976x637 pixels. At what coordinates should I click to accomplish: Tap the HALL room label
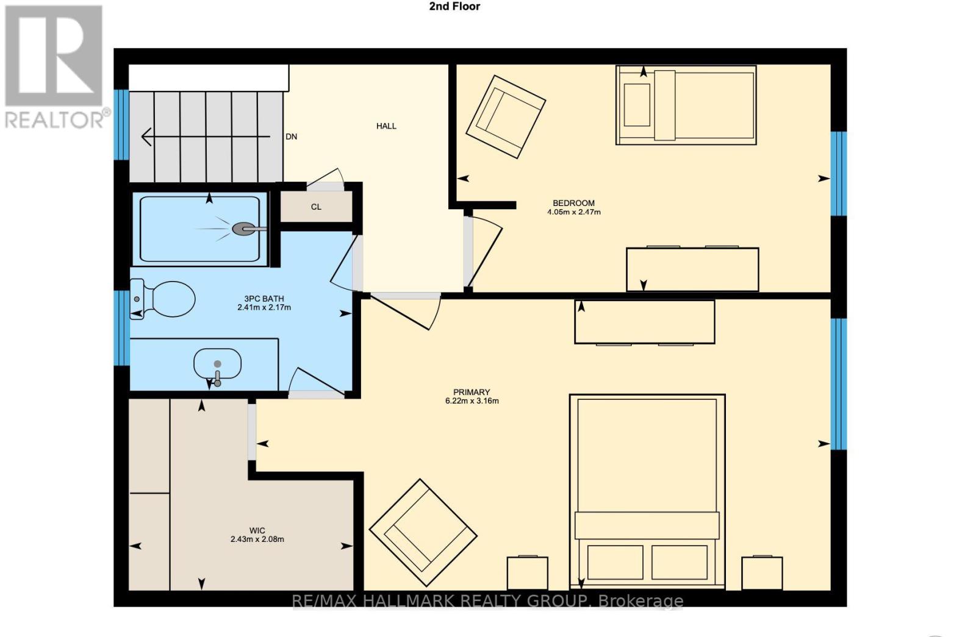(x=386, y=126)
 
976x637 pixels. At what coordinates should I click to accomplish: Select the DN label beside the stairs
(x=292, y=137)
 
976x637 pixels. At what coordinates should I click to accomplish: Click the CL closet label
(x=316, y=207)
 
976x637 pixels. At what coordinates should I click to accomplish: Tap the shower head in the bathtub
(x=243, y=229)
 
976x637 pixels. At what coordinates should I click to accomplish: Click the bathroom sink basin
(x=217, y=364)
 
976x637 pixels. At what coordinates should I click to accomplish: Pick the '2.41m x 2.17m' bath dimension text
(x=264, y=308)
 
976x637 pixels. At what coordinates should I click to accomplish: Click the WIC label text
(x=257, y=531)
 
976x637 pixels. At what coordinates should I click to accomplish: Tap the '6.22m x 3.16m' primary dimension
(x=472, y=401)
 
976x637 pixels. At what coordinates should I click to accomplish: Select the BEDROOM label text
(x=573, y=204)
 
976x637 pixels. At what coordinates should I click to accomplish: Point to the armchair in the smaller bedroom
(x=505, y=116)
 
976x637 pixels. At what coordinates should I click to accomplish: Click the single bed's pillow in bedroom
(x=637, y=105)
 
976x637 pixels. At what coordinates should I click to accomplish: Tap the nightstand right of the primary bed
(x=762, y=573)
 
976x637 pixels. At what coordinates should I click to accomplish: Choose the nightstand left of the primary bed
(x=527, y=573)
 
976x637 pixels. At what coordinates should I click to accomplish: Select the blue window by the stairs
(x=122, y=125)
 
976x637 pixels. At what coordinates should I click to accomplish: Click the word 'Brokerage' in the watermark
(x=640, y=601)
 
